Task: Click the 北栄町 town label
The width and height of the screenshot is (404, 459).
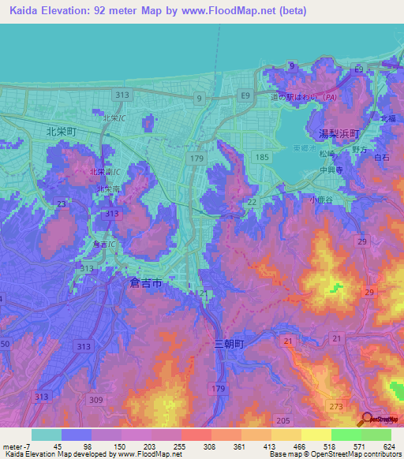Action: pos(61,132)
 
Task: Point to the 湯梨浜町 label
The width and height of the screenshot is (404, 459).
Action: pos(339,134)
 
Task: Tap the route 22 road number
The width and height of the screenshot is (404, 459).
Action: pos(252,203)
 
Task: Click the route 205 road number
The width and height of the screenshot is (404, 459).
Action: pos(284,420)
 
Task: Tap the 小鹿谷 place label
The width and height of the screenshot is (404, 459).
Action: pos(322,199)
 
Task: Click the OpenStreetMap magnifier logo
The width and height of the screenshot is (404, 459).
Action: pos(368,419)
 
